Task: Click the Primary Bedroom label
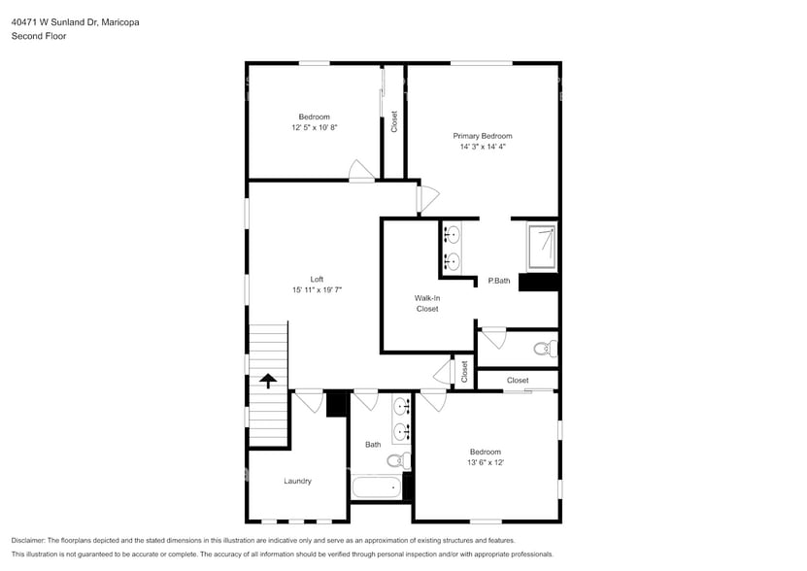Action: [482, 136]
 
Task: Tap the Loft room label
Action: [317, 279]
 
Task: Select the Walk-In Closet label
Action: [427, 303]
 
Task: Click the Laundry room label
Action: [297, 481]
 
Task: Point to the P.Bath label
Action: [499, 281]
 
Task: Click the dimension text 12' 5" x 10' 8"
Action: [314, 127]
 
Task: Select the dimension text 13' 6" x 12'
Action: [486, 462]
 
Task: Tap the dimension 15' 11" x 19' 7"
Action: [317, 289]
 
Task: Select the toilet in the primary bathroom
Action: [545, 348]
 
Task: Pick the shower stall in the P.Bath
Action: [542, 247]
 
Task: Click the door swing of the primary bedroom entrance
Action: [426, 197]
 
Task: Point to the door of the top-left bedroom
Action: [361, 170]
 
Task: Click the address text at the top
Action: [75, 21]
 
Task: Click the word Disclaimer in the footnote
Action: [31, 540]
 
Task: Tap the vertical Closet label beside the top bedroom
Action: [394, 121]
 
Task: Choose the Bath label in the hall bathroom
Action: [373, 445]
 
